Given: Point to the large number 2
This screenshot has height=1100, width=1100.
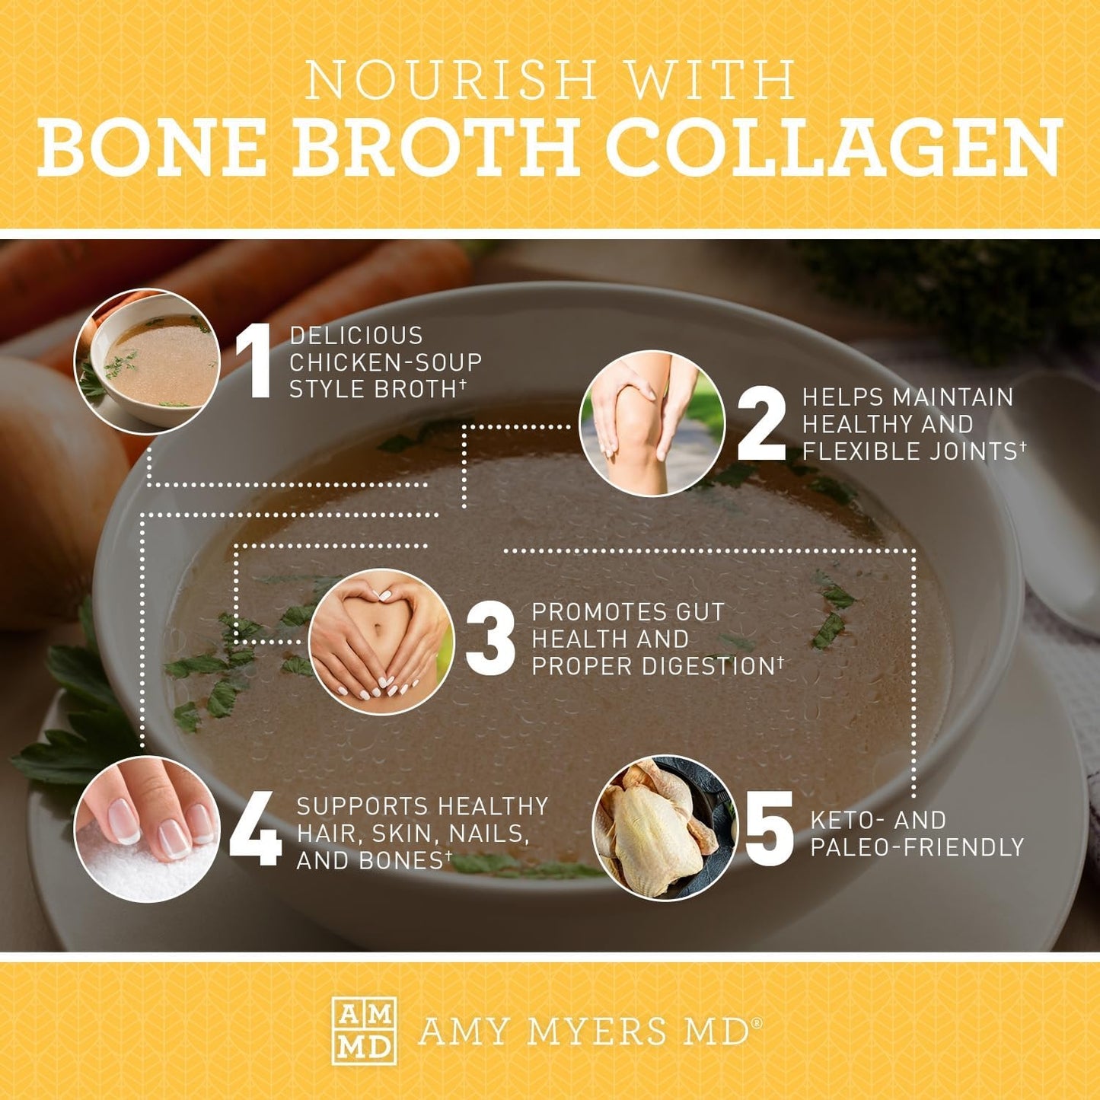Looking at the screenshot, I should coord(761,423).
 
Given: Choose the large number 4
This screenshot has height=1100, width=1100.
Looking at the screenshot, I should coord(256,833).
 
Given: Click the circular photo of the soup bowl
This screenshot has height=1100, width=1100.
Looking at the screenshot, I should coord(147,362).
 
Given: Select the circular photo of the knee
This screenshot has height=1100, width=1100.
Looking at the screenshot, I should coord(652,423).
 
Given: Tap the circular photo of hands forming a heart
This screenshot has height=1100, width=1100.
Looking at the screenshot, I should coord(381,641).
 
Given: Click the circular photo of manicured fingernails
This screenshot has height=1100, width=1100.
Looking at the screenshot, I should coord(147,829).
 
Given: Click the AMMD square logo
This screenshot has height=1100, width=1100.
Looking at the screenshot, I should coord(364,1031).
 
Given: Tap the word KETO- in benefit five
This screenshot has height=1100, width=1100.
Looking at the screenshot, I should coord(843,820).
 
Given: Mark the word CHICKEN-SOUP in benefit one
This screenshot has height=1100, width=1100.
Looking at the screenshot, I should coord(385,362).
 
